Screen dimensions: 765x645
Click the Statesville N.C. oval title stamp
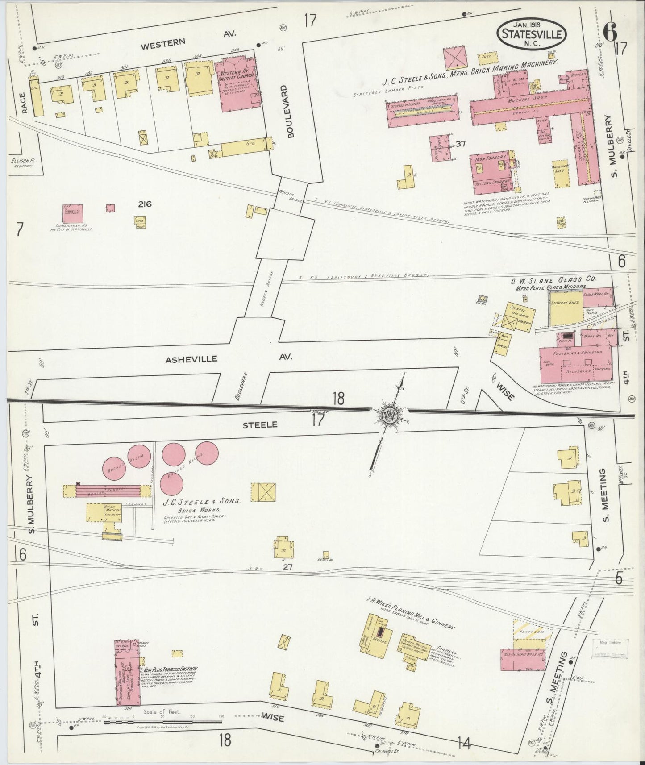click(x=532, y=34)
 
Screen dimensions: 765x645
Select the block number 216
click(x=145, y=204)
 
